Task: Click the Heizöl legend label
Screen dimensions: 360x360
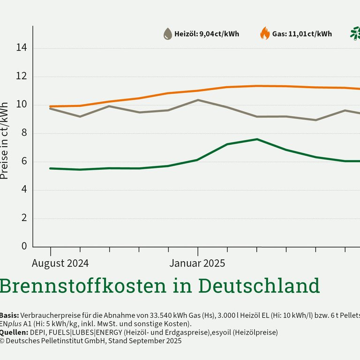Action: (207, 34)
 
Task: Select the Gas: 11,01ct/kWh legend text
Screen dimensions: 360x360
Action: (302, 34)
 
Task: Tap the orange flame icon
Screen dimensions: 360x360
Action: (265, 34)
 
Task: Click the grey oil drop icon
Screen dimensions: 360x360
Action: (167, 34)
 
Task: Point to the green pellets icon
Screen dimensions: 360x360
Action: (355, 33)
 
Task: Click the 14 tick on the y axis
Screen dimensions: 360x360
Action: (22, 48)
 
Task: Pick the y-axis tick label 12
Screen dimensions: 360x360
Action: (22, 76)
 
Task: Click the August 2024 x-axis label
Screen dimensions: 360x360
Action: (60, 263)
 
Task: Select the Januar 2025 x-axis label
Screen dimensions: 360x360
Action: (197, 263)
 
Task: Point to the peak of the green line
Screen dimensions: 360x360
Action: (256, 139)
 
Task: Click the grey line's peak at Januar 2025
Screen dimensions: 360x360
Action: (198, 100)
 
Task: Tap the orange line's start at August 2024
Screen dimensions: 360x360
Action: (51, 106)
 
